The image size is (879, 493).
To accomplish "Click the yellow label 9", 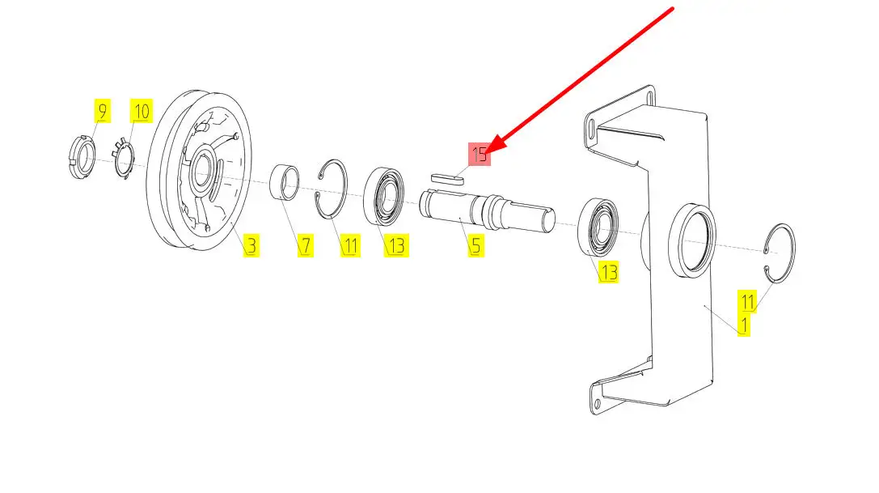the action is click(x=102, y=111).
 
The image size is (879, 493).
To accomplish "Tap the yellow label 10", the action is click(x=141, y=111).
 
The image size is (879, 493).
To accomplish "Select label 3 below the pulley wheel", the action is click(x=251, y=245).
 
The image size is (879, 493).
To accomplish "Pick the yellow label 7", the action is click(x=305, y=245).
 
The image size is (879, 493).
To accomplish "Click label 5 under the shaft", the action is click(x=475, y=245).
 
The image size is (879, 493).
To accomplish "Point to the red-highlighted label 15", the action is click(x=480, y=155).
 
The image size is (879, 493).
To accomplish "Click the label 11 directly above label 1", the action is click(x=747, y=303).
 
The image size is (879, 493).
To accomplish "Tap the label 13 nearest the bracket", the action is click(x=608, y=272).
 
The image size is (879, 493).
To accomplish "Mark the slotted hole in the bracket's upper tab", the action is click(x=592, y=128).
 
